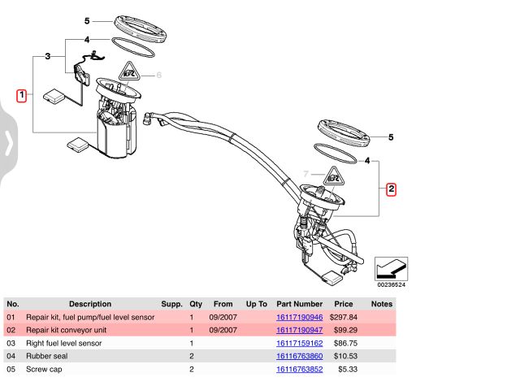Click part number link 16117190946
[300, 317]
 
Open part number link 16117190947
[300, 330]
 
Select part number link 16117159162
[300, 344]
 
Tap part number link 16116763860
[300, 356]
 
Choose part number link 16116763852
[300, 369]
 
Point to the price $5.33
[347, 369]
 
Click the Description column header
[89, 304]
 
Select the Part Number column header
[300, 304]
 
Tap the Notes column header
[382, 304]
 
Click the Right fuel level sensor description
[64, 344]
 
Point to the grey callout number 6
[159, 76]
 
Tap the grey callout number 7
[306, 174]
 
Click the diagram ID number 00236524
[391, 285]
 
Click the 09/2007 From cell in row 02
[223, 330]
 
